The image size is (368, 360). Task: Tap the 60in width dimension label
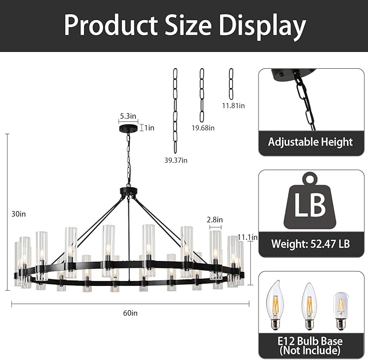coord(130,313)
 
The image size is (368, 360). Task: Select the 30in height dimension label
coord(19,214)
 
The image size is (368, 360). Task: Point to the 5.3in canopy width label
coord(128,115)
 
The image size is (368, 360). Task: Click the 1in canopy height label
coord(149,128)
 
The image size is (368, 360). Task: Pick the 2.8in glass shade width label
coord(215,220)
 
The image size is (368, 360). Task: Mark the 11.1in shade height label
coord(247,237)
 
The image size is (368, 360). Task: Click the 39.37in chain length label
coord(177,160)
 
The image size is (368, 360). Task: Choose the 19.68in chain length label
coord(203,128)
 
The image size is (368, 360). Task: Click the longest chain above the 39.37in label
coord(175,110)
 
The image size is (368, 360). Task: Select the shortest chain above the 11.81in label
coord(231,84)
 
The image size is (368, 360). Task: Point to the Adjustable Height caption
coord(311,142)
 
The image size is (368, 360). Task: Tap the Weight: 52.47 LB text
coord(311,244)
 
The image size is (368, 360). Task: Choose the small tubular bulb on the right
coord(341,310)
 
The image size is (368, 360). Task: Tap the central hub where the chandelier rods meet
coord(128,192)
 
